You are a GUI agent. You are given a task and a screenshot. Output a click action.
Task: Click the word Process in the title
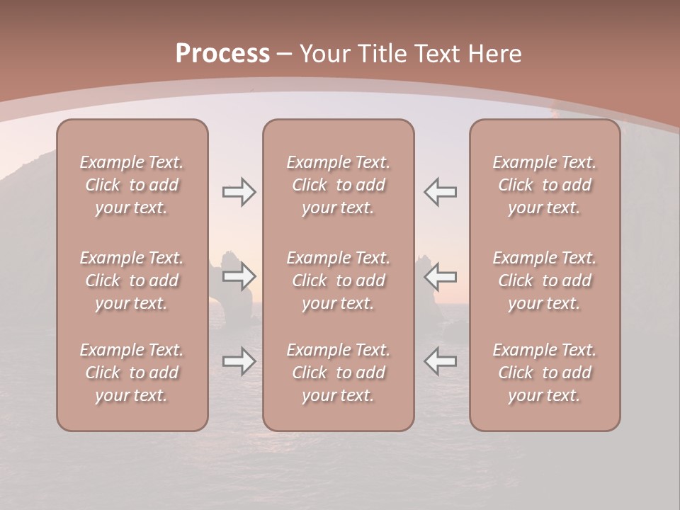222,54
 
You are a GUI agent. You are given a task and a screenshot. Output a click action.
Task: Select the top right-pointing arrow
239,192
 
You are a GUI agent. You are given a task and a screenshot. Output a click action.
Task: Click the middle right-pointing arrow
239,276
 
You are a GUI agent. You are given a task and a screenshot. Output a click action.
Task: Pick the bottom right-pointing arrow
239,361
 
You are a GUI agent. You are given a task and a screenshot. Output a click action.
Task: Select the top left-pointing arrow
440,192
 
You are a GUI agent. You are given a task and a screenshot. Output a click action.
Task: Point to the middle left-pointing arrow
440,276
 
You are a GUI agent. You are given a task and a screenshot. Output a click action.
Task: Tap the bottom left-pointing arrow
440,361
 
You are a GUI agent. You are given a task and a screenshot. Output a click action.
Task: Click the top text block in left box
132,185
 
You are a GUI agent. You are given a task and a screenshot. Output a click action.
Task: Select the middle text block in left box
132,280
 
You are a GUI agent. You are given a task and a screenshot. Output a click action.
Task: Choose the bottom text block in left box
132,373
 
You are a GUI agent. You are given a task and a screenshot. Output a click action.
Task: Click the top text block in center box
338,185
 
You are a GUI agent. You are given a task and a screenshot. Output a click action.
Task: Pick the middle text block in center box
338,280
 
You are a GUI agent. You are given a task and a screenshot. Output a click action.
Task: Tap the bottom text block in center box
338,373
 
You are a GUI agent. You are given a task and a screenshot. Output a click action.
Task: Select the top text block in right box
545,185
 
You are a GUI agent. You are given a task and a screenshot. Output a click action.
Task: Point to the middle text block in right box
545,280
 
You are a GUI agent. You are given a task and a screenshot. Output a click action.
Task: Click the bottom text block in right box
545,373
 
